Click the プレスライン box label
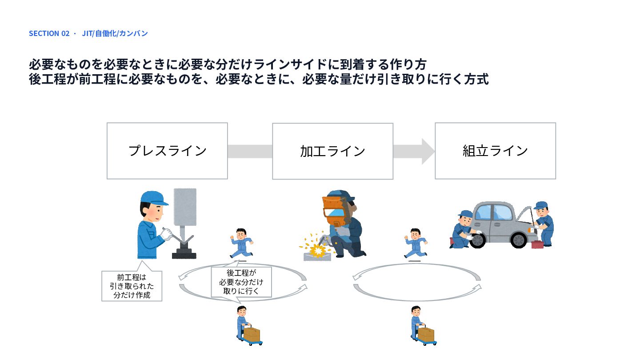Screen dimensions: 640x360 [168, 151]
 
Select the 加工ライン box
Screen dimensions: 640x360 [332, 151]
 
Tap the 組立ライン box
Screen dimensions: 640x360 [495, 151]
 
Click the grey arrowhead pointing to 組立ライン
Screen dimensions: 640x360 [428, 152]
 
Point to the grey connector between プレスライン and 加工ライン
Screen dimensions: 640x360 [250, 152]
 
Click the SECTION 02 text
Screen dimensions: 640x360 [49, 33]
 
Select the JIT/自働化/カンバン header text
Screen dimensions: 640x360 [115, 33]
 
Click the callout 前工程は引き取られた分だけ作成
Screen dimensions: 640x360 [132, 286]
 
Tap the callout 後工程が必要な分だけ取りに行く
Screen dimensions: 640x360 [241, 282]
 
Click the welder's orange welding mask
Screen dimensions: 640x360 [336, 210]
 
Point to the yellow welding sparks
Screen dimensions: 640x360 [316, 246]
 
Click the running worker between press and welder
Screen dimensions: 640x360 [241, 243]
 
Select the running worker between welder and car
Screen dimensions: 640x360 [416, 243]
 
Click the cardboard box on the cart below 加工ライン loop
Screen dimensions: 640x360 [252, 335]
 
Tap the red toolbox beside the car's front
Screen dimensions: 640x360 [537, 245]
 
